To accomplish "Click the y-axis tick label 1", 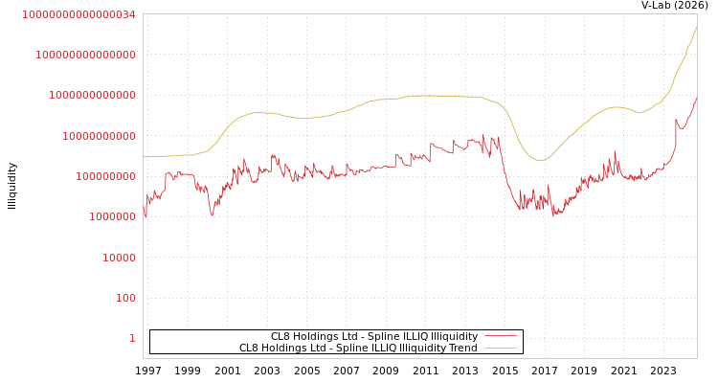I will point(132,338).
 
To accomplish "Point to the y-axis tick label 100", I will point(126,298).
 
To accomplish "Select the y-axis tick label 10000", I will point(120,258).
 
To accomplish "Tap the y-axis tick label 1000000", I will point(113,217).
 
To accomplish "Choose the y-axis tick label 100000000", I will point(106,176).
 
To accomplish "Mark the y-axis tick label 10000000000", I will point(100,136).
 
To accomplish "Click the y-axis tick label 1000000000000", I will point(93,96).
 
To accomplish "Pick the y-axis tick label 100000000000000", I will point(86,56).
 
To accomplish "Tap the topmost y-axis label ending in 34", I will point(79,14).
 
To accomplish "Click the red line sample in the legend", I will point(500,336).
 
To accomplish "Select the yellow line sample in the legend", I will point(500,348).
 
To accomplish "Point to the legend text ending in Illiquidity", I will point(373,336).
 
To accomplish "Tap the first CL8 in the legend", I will point(280,336).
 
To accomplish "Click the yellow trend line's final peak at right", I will point(696,27).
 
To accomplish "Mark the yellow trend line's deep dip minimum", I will point(540,160).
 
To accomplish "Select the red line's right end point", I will point(696,98).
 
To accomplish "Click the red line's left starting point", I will point(144,213).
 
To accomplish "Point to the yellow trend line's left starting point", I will point(144,157).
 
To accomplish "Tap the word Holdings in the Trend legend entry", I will point(285,348).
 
